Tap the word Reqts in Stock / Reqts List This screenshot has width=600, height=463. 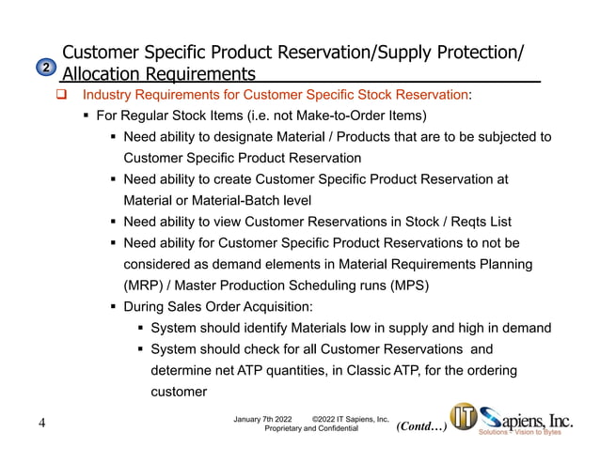(x=440, y=222)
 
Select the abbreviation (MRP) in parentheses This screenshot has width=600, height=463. (x=146, y=285)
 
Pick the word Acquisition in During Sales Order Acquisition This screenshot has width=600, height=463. (x=273, y=306)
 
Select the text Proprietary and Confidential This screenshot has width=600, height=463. (x=311, y=428)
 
